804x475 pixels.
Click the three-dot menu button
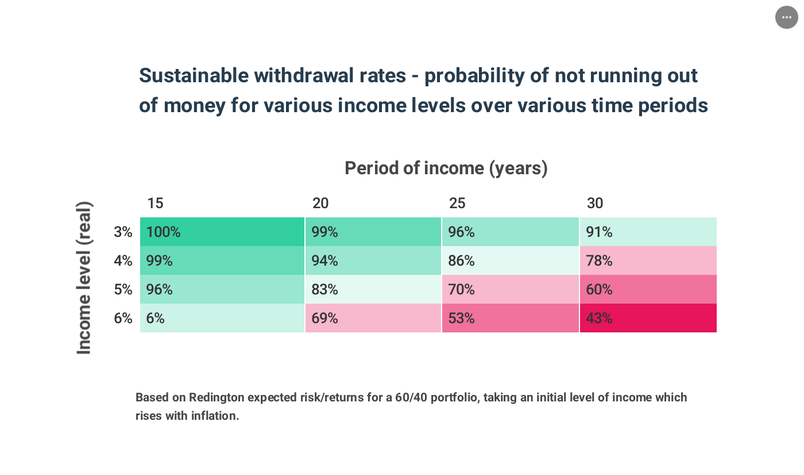(x=786, y=17)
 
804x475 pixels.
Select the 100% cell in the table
(x=222, y=232)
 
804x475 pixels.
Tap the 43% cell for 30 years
(x=648, y=318)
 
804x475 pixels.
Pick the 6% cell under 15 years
(x=222, y=318)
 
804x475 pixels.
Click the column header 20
(x=320, y=203)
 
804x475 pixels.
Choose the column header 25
(x=457, y=203)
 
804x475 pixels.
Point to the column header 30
(x=595, y=203)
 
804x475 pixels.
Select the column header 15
(x=155, y=203)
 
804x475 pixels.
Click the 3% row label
(x=123, y=232)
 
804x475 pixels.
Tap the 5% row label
(x=123, y=289)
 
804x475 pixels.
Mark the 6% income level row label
(x=123, y=318)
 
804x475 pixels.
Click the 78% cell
(x=648, y=261)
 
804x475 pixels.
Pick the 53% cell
(x=510, y=318)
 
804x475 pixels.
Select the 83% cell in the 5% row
(x=373, y=289)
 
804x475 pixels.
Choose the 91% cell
(x=648, y=232)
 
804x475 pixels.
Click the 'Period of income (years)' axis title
(x=446, y=168)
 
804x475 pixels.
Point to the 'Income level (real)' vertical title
(x=84, y=278)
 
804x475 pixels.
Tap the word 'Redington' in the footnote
(x=217, y=397)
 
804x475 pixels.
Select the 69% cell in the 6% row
(x=373, y=318)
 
